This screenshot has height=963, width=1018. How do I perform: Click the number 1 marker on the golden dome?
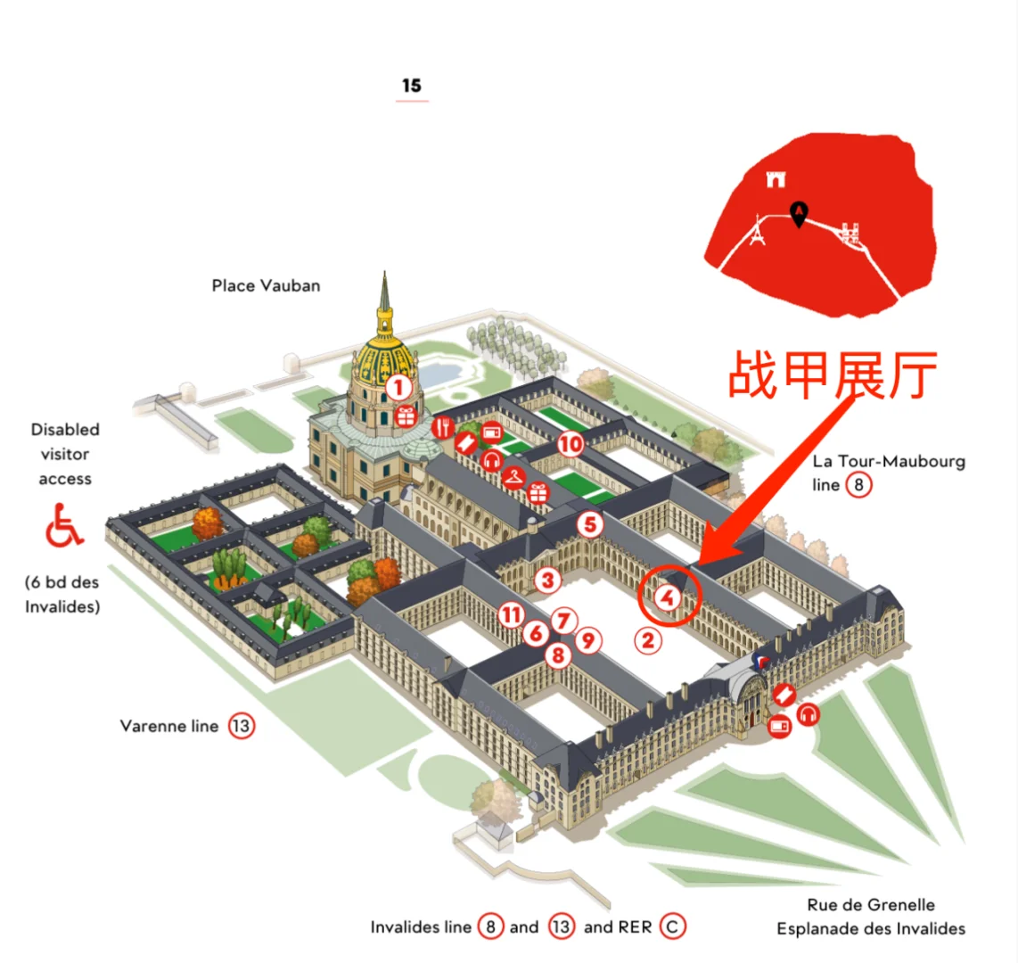click(398, 388)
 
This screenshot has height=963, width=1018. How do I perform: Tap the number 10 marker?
click(571, 443)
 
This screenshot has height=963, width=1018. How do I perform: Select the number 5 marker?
click(589, 524)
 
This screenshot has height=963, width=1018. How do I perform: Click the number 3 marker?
click(547, 581)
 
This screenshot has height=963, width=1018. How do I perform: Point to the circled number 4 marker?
click(668, 597)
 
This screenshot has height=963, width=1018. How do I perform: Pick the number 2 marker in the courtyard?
click(648, 639)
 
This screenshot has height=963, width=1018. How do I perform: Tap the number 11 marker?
click(511, 614)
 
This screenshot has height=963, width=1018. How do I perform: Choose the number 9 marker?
click(587, 639)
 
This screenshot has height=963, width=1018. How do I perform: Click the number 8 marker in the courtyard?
click(558, 656)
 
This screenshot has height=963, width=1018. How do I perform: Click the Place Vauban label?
click(266, 286)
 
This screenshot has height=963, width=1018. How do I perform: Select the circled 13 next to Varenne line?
click(241, 726)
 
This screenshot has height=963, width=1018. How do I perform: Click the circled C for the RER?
click(673, 927)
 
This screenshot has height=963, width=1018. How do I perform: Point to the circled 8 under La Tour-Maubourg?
click(858, 485)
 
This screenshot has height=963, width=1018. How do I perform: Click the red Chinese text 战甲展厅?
click(833, 375)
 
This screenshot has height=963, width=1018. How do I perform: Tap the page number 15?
click(411, 86)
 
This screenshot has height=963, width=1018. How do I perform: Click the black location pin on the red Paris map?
click(800, 213)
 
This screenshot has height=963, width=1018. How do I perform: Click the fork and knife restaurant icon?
click(442, 427)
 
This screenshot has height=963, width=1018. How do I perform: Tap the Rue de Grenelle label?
click(871, 904)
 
